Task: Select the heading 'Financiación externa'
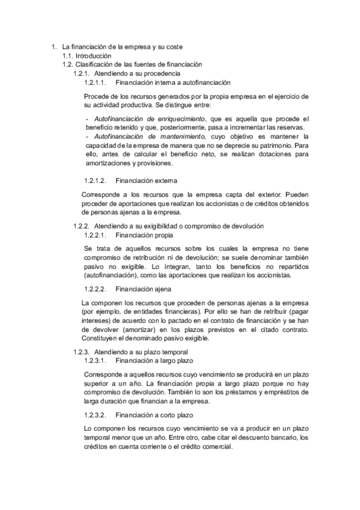tap(146, 180)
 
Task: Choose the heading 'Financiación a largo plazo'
tap(155, 361)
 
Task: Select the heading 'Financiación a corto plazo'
tap(155, 414)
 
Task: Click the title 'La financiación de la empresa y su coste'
tap(123, 46)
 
